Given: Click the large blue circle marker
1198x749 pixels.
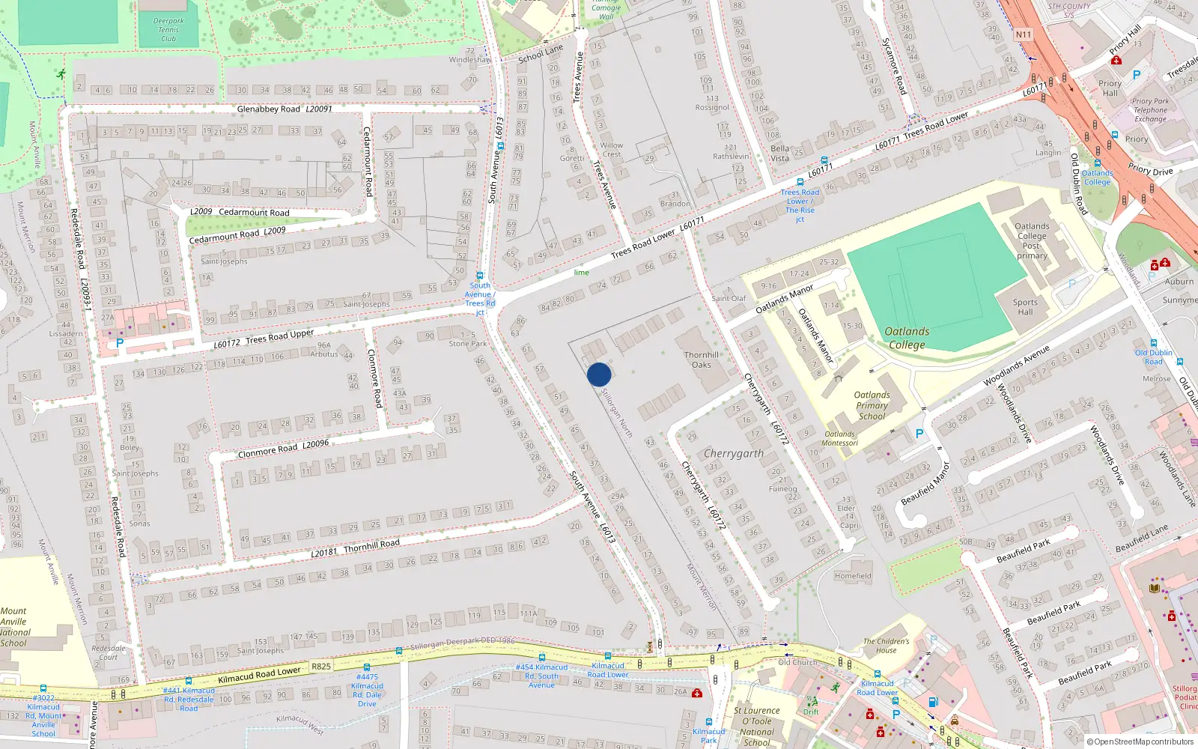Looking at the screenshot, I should click(x=599, y=374).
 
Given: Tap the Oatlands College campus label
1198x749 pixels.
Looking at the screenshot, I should click(x=907, y=338).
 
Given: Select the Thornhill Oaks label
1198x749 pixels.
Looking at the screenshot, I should click(x=701, y=360).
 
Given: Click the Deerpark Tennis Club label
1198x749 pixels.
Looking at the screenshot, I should click(x=168, y=30).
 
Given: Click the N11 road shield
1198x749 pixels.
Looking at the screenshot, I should click(x=1023, y=34).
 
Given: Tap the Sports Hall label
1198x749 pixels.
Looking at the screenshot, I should click(x=1025, y=307).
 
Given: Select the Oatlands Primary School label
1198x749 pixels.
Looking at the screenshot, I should click(x=872, y=405).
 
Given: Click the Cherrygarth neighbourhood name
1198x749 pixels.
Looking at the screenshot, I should click(x=734, y=454).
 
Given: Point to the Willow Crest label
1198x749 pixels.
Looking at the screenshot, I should click(x=611, y=150).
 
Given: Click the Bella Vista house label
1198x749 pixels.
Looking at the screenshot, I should click(x=779, y=154).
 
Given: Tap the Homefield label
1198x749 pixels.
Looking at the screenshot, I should click(x=853, y=576).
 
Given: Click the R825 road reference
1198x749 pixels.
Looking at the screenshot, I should click(x=321, y=666).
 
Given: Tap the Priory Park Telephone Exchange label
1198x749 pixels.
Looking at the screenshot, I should click(x=1150, y=110).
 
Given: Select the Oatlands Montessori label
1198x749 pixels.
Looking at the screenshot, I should click(x=839, y=438).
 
